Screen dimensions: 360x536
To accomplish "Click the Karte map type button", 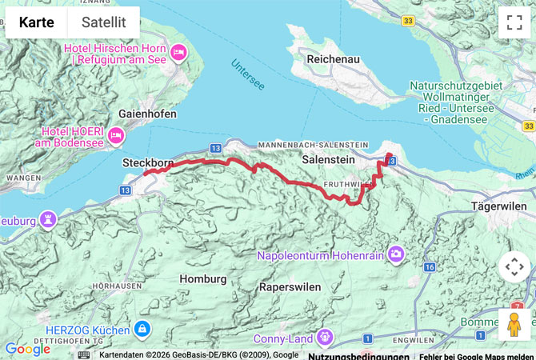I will pyautogui.click(x=36, y=22).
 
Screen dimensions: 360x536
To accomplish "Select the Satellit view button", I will pyautogui.click(x=103, y=22).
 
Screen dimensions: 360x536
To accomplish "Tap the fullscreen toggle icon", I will pyautogui.click(x=514, y=22).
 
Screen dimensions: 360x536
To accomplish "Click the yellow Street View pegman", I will pyautogui.click(x=514, y=325).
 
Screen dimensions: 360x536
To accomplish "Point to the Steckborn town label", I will pyautogui.click(x=148, y=162).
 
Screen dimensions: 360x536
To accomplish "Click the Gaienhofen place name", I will pyautogui.click(x=147, y=114).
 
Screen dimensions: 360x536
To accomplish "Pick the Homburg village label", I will pyautogui.click(x=199, y=278).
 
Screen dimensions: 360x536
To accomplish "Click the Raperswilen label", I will pyautogui.click(x=290, y=286).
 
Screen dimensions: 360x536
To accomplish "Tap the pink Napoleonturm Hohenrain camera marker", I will pyautogui.click(x=395, y=255).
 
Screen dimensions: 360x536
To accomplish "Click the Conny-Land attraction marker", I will pyautogui.click(x=325, y=337).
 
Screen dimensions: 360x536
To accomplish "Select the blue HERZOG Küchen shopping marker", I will pyautogui.click(x=142, y=328).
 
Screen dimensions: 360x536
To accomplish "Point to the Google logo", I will pyautogui.click(x=27, y=349).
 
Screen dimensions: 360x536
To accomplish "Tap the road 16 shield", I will pyautogui.click(x=430, y=266).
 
